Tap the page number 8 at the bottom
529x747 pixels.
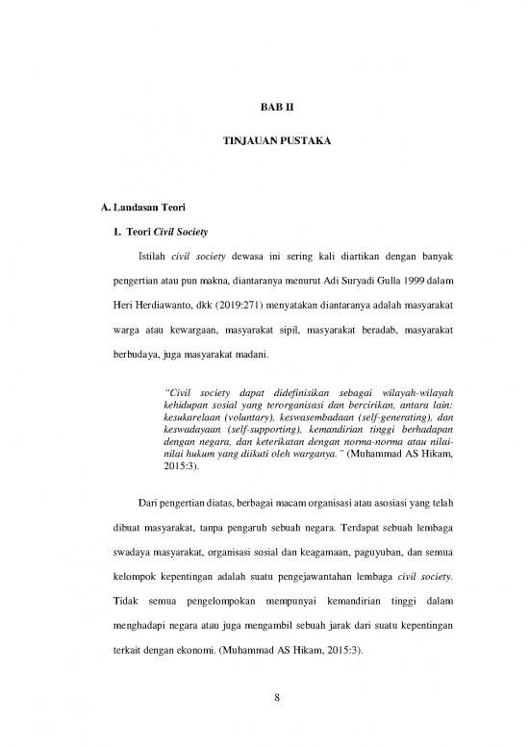tap(264, 722)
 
